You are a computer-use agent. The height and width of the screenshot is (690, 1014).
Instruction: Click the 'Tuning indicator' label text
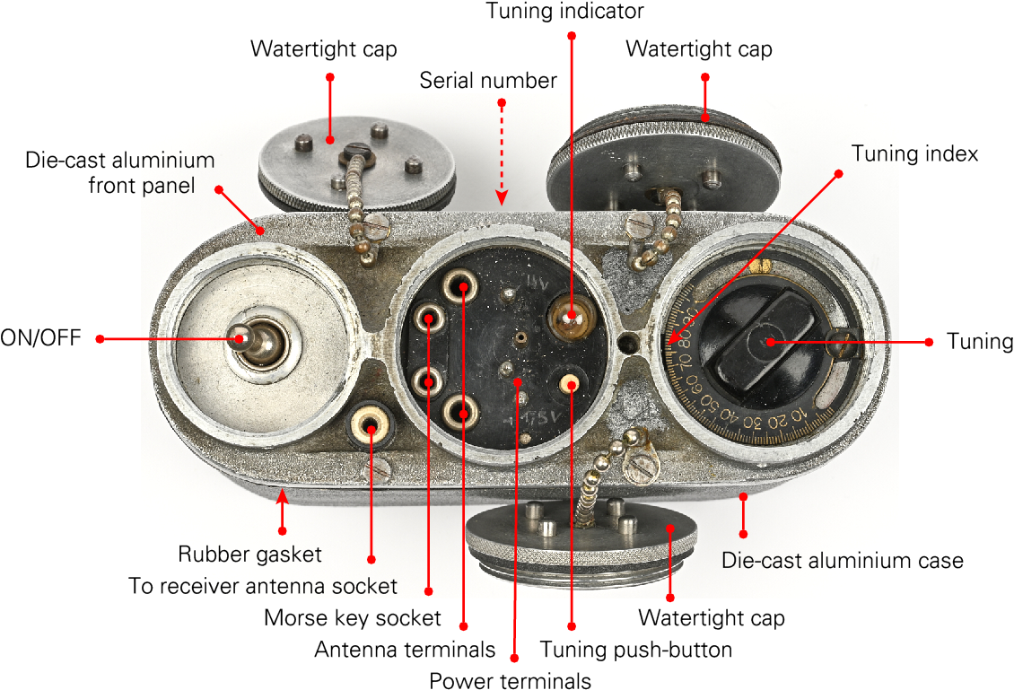tap(565, 12)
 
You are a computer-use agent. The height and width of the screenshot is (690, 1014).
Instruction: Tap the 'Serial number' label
tap(488, 80)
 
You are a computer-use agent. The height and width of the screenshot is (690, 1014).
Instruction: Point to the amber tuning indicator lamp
tap(568, 316)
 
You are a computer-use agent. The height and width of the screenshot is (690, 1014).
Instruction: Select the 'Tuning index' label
tap(914, 153)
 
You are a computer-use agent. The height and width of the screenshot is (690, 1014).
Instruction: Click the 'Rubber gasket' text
tap(249, 554)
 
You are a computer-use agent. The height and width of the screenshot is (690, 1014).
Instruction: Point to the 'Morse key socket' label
tap(353, 617)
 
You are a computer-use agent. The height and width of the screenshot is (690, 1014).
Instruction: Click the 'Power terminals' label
tap(510, 679)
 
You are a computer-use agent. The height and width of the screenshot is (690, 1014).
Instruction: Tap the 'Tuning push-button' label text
tap(635, 649)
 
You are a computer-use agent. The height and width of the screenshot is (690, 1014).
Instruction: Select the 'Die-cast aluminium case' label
tap(842, 561)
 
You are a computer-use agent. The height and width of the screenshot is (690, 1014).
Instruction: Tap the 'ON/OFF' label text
tap(40, 338)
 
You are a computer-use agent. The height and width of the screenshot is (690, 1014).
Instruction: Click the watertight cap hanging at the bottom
tap(581, 537)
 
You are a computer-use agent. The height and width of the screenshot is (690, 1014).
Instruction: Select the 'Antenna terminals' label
tap(404, 649)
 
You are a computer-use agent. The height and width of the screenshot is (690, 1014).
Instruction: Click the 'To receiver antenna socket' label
tap(262, 586)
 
